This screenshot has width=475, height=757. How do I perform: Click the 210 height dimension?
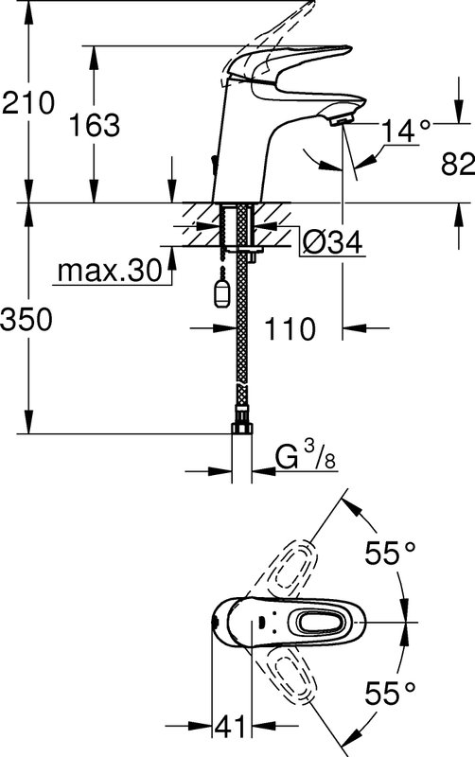[x=28, y=103]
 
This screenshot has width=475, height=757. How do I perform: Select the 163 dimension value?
[x=95, y=125]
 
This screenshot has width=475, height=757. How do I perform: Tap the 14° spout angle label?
[x=406, y=131]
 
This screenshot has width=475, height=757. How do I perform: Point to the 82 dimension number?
[x=458, y=164]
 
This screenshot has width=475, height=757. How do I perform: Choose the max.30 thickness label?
[x=110, y=271]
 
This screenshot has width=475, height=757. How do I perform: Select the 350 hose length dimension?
[x=26, y=320]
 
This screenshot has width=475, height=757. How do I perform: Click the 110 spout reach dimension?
[x=290, y=328]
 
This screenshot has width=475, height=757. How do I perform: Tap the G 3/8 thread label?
[x=306, y=456]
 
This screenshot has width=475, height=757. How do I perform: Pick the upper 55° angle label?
[x=390, y=553]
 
